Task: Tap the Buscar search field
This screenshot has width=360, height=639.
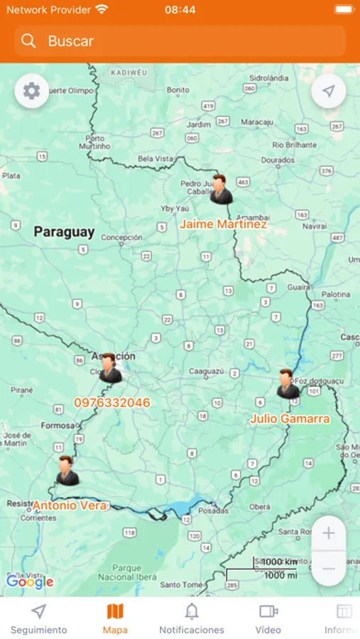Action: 180,41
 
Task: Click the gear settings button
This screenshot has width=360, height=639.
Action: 31,91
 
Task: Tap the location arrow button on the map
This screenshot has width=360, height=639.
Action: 328,91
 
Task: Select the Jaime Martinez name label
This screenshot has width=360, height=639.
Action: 223,224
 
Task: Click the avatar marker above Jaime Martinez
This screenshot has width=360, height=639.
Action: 220,190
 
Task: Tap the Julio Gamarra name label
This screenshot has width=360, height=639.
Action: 290,419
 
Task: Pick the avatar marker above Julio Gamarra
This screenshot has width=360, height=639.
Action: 288,384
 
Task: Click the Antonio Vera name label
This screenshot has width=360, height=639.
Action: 70,506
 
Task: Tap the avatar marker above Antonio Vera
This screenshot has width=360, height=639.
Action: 67,471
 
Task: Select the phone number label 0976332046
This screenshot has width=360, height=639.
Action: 112,403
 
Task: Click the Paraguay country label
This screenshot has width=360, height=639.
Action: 64,231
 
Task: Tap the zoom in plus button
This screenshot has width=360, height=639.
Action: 328,534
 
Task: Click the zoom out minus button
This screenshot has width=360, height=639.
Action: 328,569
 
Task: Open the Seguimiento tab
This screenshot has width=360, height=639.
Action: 39,618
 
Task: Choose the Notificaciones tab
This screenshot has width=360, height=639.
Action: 192,618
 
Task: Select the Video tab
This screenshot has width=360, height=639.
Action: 268,618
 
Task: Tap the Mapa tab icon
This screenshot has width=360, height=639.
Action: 115,611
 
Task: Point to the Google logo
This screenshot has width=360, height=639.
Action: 30,582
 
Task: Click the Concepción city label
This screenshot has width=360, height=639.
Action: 121,238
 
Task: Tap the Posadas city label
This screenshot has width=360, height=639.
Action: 213,510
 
